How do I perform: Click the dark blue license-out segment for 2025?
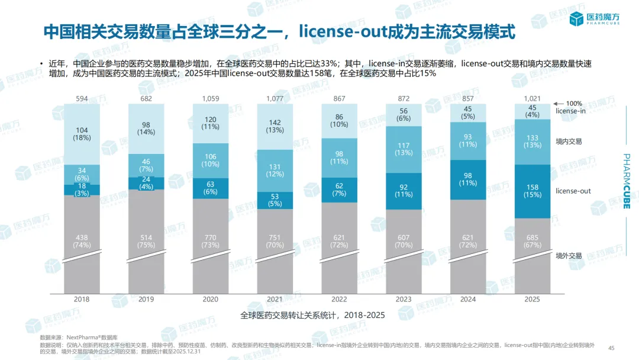(x=532, y=191)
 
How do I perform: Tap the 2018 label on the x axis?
(x=82, y=299)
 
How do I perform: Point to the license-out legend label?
(x=573, y=191)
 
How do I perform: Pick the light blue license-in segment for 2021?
(x=275, y=126)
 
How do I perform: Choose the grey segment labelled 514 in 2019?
(x=146, y=241)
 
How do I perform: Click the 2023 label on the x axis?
(x=404, y=299)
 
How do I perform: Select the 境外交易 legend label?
(x=569, y=256)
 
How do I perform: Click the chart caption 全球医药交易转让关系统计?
(x=313, y=315)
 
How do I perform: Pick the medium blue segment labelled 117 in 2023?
(x=404, y=149)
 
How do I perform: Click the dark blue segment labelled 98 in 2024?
(x=467, y=179)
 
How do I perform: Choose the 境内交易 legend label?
(x=569, y=142)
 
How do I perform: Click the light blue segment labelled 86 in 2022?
(x=339, y=121)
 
